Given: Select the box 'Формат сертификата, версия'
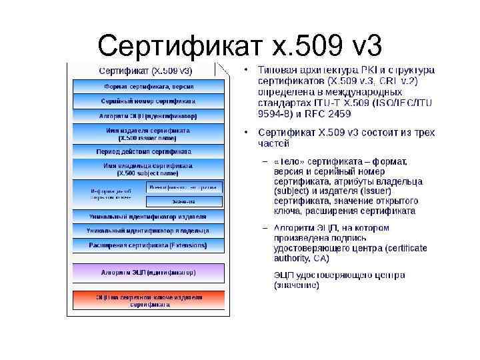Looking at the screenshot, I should click(x=149, y=86).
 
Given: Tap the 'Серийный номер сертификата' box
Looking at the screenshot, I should click(x=149, y=101).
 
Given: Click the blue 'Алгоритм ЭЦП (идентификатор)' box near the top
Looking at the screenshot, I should click(x=149, y=115).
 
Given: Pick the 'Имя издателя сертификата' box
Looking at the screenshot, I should click(x=149, y=134).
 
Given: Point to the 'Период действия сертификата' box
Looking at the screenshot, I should click(x=149, y=151).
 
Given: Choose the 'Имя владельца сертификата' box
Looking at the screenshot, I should click(x=149, y=169).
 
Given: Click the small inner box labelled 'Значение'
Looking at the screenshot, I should click(x=184, y=201).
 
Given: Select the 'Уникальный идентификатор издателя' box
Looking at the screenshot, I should click(x=149, y=217).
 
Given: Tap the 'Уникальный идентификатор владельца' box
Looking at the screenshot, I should click(x=149, y=231).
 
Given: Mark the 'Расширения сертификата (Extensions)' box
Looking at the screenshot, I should click(x=149, y=245).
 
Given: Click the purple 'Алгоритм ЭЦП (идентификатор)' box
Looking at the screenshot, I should click(x=149, y=273).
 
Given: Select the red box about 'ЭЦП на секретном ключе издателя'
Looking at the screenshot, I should click(x=149, y=300).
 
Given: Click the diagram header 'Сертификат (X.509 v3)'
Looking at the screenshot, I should click(x=146, y=70).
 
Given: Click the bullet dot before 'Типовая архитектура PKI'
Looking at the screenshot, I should click(x=247, y=70).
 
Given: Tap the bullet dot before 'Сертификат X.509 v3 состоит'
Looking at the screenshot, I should click(x=247, y=133).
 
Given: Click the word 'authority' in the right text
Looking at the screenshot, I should click(x=293, y=257).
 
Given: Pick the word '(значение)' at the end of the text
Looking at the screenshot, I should click(x=297, y=285).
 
